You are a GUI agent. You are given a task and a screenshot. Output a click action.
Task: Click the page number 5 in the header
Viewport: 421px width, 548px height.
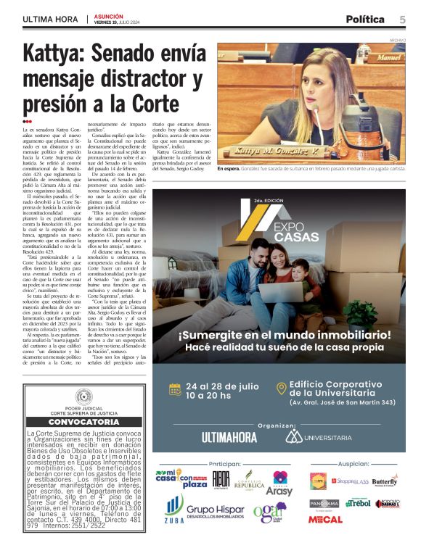coord(402,19)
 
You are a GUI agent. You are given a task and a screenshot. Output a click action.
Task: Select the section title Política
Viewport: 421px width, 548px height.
coord(366,20)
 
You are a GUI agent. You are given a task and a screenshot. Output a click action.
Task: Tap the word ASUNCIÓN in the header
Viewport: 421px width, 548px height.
coord(109,15)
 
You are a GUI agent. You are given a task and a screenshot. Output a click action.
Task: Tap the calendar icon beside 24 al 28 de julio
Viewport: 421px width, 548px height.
coord(175,389)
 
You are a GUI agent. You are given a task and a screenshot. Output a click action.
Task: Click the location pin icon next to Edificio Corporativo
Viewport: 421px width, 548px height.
coord(281,389)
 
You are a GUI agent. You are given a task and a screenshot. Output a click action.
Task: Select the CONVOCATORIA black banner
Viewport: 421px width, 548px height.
coord(83,422)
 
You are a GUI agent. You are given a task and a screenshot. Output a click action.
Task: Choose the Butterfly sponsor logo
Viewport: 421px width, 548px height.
coord(384,481)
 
